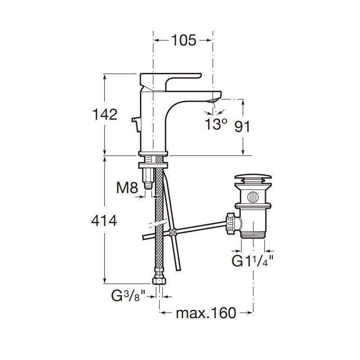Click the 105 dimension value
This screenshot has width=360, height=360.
tap(184, 40)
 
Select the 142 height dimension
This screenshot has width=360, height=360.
tap(105, 114)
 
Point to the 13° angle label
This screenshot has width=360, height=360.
tap(216, 124)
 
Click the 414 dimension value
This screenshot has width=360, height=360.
tap(104, 221)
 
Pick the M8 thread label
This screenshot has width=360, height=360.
tap(127, 187)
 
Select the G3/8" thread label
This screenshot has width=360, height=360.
tap(128, 296)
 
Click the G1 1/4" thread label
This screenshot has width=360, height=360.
tap(252, 261)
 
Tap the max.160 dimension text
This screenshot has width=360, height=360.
tap(206, 313)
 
